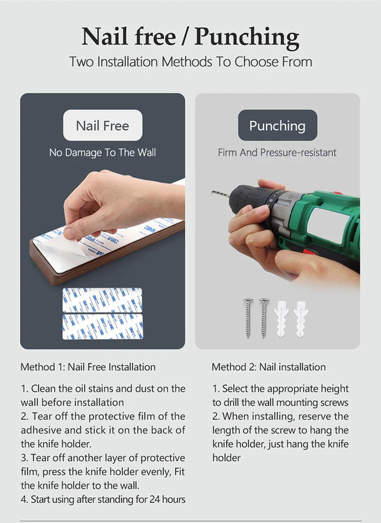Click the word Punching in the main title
(246, 37)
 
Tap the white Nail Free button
(103, 126)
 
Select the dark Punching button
(277, 126)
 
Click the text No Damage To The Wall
(103, 153)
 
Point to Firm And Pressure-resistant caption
(277, 153)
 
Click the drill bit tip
(212, 192)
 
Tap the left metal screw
(248, 318)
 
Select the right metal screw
(263, 318)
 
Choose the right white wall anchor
(301, 318)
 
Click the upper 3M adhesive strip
(103, 300)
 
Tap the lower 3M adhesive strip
(103, 327)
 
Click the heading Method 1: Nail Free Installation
(88, 367)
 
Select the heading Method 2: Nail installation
(269, 367)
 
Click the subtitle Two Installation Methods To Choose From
(191, 62)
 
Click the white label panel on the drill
(327, 224)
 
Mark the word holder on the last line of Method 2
(226, 458)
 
